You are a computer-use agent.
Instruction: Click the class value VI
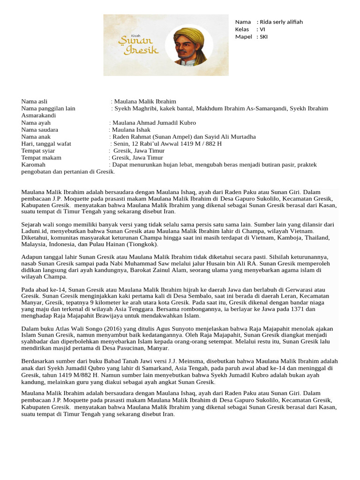point(262,30)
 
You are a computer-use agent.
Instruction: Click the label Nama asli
point(34,101)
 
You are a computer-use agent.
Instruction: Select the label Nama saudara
point(40,130)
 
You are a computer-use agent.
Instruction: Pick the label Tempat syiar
point(38,151)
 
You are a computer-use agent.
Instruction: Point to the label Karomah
point(33,165)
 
